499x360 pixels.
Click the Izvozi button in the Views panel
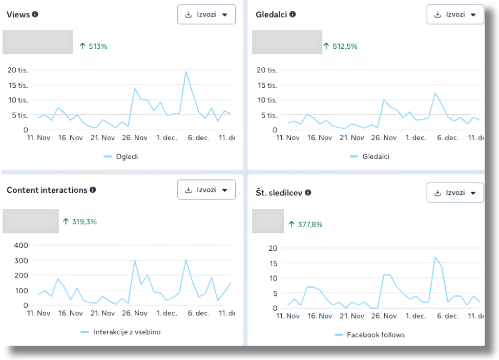[x=206, y=14]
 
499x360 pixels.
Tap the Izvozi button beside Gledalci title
[x=455, y=14]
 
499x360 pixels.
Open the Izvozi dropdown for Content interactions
[x=206, y=190]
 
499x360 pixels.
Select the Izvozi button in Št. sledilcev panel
[x=455, y=193]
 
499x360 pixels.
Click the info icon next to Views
[x=35, y=14]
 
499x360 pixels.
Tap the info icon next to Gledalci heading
[x=293, y=14]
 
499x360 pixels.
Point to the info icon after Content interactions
[x=93, y=190]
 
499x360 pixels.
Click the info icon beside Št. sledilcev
[x=308, y=193]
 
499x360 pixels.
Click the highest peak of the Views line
[x=186, y=72]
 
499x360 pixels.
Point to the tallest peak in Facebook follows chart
[x=435, y=257]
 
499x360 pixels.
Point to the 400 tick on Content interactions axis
[x=21, y=245]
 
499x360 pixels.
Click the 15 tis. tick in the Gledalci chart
[x=267, y=85]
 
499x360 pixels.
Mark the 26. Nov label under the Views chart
[x=135, y=137]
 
